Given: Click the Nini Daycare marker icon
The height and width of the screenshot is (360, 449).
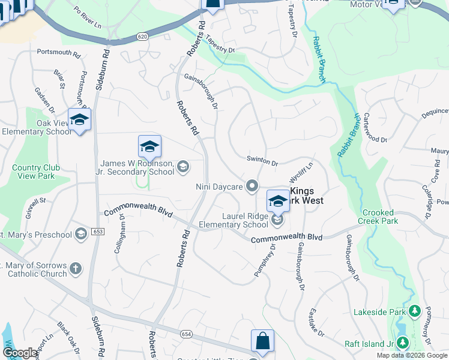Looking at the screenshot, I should point(253,186).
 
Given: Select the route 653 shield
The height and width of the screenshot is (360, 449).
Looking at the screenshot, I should point(98,231).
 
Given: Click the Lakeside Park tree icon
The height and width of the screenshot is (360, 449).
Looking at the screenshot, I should point(414,311).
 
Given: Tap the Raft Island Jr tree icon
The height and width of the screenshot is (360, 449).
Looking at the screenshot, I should point(403,343).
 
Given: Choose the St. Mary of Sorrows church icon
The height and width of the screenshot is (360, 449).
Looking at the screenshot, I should point(76,268).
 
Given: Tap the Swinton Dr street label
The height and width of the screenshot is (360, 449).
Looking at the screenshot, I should point(262,163).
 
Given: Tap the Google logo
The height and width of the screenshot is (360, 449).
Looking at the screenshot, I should point(19,353).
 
